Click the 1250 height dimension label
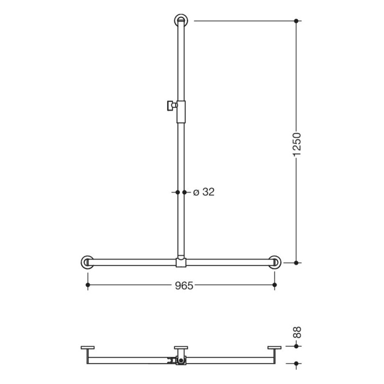(x=297, y=144)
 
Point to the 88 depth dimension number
(x=297, y=332)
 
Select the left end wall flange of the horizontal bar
(x=87, y=262)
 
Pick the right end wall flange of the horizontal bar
(x=275, y=262)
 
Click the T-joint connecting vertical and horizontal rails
(x=181, y=262)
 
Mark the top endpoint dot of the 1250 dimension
(x=297, y=21)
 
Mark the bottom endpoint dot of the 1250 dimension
(x=297, y=263)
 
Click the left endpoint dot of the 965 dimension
(x=87, y=285)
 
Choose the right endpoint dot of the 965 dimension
(x=275, y=285)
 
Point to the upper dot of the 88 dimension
(x=297, y=346)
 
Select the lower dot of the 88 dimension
(x=297, y=363)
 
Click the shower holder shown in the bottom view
(x=177, y=361)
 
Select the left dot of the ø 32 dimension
(x=177, y=192)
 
